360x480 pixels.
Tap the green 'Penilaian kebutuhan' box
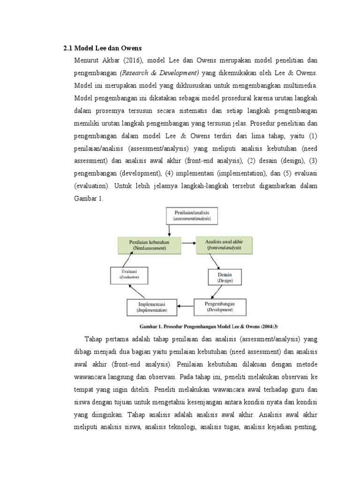tap(148, 244)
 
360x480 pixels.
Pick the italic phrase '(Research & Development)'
tap(159, 73)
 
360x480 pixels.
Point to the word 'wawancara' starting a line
tap(92, 376)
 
